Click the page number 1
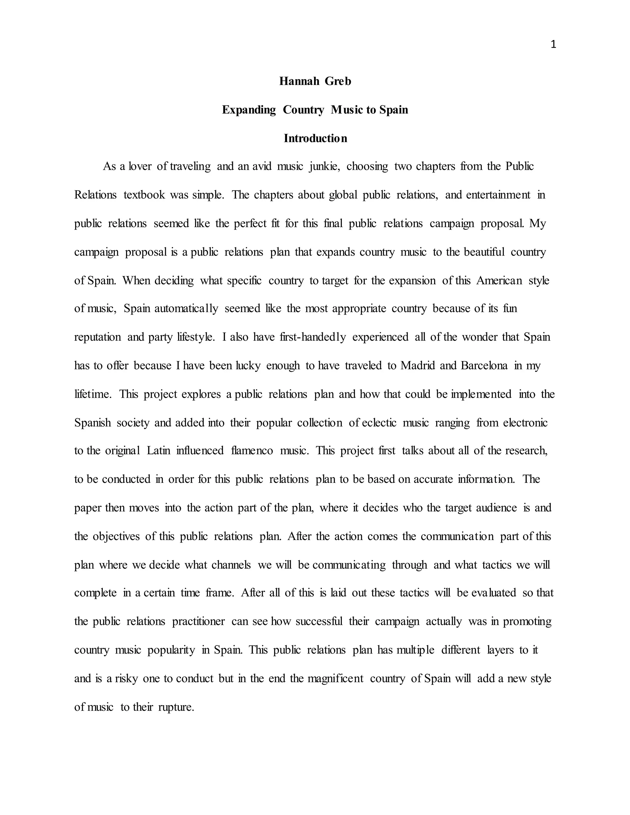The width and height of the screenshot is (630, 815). (x=553, y=45)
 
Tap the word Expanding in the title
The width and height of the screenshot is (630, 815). (x=249, y=110)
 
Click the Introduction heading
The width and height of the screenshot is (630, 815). (x=315, y=138)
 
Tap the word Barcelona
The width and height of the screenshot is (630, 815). (x=484, y=365)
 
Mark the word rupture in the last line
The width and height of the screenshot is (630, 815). (x=176, y=707)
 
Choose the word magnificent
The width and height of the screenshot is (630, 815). (x=335, y=678)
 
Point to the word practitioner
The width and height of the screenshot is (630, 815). (x=198, y=621)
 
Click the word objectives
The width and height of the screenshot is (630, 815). (x=117, y=536)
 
